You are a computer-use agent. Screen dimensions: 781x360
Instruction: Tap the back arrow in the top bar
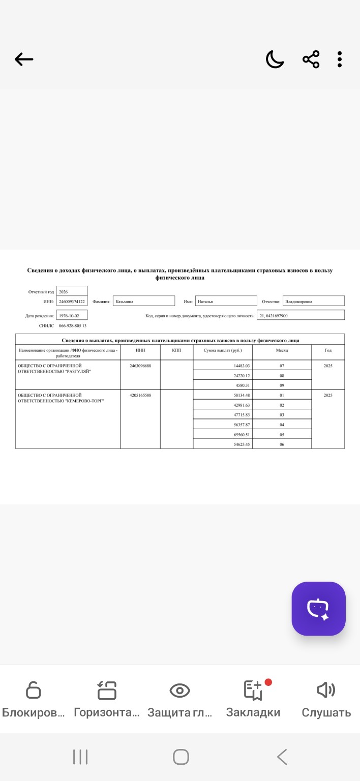(x=24, y=59)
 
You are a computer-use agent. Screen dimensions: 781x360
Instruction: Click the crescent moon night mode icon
(x=275, y=59)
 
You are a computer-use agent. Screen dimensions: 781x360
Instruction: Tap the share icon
(x=311, y=59)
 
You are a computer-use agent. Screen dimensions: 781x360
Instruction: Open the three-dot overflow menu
(x=340, y=59)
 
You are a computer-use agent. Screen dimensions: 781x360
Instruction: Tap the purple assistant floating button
(x=318, y=609)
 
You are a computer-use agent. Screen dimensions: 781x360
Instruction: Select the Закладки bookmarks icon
(x=253, y=690)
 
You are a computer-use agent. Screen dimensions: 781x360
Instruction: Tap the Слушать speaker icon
(x=326, y=690)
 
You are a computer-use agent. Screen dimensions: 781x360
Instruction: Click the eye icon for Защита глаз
(x=179, y=690)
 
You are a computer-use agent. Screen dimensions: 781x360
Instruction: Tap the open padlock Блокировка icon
(x=33, y=690)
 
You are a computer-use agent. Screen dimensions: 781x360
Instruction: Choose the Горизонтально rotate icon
(x=107, y=690)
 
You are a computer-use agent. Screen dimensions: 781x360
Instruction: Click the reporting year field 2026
(x=72, y=292)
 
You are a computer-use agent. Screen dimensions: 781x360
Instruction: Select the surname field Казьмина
(x=143, y=302)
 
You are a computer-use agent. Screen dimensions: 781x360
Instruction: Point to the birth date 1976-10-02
(x=72, y=316)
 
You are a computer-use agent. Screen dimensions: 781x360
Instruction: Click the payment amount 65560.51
(x=242, y=435)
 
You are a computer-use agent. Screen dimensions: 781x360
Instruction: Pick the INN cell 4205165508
(x=140, y=395)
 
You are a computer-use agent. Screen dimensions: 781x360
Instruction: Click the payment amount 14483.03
(x=242, y=366)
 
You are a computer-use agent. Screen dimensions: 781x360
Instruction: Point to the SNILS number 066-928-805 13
(x=73, y=325)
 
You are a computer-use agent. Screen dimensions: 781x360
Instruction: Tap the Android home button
(x=181, y=757)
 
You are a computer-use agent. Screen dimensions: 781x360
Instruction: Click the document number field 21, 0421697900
(x=300, y=316)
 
